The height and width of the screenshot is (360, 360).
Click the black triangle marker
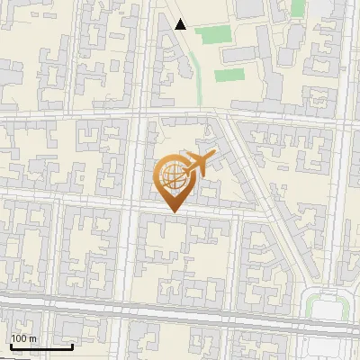tap(181, 24)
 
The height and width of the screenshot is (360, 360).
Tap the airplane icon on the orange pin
tap(197, 164)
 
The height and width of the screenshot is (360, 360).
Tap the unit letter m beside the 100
tap(33, 338)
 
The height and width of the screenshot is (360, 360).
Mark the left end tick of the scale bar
tap(11, 346)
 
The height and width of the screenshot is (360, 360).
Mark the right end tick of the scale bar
tap(72, 346)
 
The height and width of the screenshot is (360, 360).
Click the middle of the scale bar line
tap(41, 347)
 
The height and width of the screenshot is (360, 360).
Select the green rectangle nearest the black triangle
tap(212, 35)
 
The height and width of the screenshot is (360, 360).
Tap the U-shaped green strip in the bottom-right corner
tap(325, 301)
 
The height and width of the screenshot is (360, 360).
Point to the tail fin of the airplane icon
tap(186, 160)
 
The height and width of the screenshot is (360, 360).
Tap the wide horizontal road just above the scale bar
tap(180, 307)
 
